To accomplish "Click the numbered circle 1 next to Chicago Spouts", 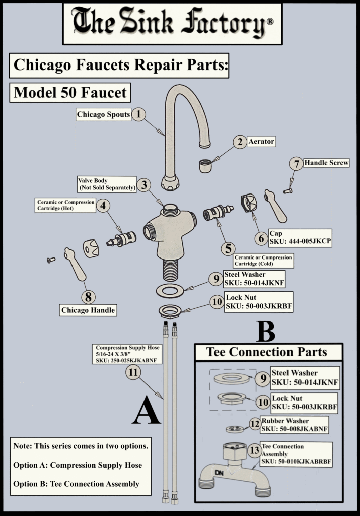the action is [139, 114].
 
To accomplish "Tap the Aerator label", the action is [261, 142].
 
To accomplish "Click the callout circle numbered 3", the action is [144, 185].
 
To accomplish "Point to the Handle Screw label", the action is [326, 163].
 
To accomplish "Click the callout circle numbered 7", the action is [296, 164].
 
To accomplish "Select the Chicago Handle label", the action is [88, 310].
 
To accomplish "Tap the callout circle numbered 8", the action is [88, 297].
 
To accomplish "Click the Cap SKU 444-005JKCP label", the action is [300, 238].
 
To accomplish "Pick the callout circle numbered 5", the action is [228, 249].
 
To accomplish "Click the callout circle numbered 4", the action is [103, 206].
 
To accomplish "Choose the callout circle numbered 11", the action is [133, 372].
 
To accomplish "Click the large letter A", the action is [147, 409].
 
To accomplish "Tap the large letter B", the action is [266, 331].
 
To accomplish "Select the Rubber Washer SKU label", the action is [295, 425].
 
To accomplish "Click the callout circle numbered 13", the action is [254, 449].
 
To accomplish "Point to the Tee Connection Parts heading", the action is [267, 352].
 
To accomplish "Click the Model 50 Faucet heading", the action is [70, 93].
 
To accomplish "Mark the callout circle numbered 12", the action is [255, 423].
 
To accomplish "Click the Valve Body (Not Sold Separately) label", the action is [107, 184].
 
